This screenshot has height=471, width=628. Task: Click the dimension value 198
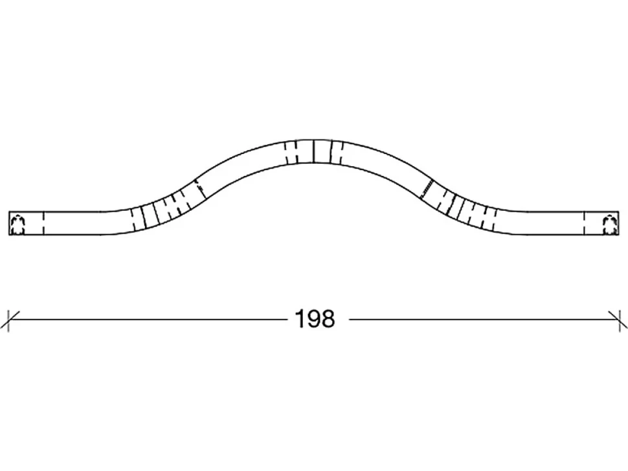(x=315, y=319)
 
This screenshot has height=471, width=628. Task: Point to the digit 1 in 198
(x=300, y=319)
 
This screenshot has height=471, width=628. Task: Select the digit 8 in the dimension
(x=328, y=319)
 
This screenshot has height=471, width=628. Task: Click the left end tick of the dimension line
(x=8, y=320)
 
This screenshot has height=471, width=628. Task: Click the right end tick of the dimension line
(x=619, y=320)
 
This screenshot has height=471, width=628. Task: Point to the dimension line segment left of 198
(x=148, y=320)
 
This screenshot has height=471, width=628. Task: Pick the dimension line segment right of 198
(x=484, y=320)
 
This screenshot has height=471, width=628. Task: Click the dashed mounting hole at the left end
(x=18, y=225)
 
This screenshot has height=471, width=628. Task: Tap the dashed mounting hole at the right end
(x=610, y=225)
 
